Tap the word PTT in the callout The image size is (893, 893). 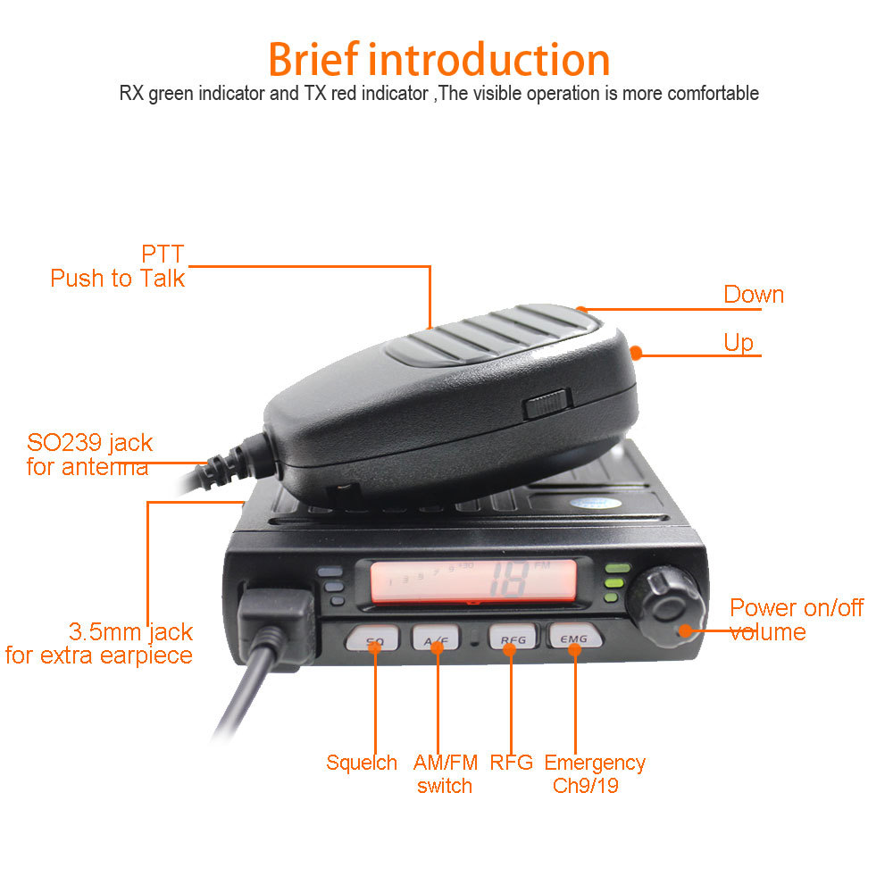[x=163, y=255]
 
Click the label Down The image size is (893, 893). [x=753, y=295]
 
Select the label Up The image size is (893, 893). [x=739, y=343]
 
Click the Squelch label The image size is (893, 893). [x=361, y=763]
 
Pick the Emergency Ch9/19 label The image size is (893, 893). [x=594, y=774]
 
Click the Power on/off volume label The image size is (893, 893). [x=795, y=620]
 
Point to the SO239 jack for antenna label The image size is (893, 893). [x=88, y=454]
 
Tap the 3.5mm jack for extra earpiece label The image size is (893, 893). [x=100, y=644]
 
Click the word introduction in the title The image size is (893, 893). [x=489, y=60]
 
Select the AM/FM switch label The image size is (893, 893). [x=444, y=774]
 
